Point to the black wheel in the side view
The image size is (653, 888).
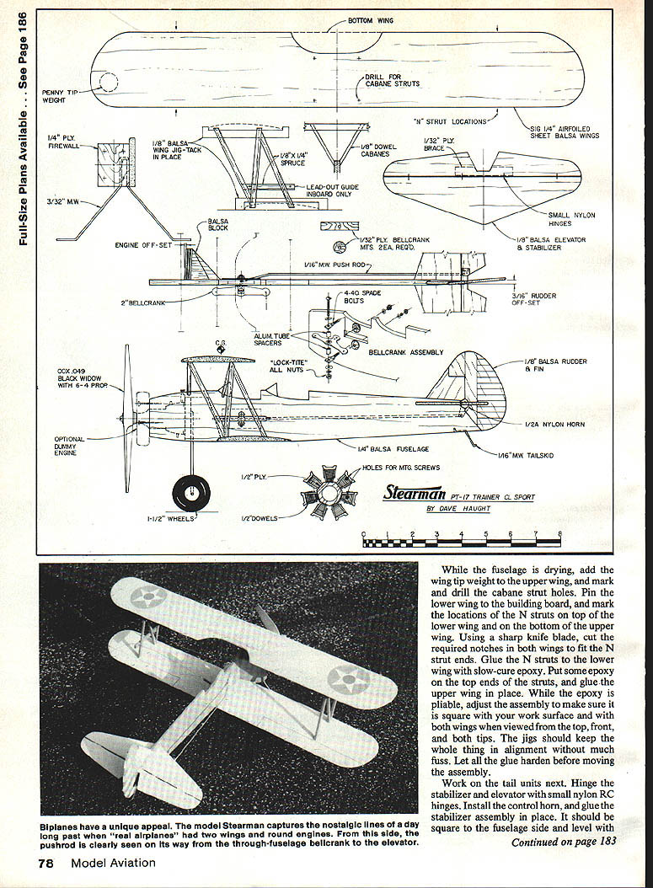[190, 491]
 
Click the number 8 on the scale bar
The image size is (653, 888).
[560, 534]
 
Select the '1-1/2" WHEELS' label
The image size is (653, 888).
[169, 518]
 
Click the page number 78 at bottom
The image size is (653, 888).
[49, 862]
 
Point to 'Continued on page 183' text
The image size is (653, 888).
[562, 842]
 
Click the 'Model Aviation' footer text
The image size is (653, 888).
[113, 862]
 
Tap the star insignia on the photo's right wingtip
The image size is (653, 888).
[347, 678]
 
